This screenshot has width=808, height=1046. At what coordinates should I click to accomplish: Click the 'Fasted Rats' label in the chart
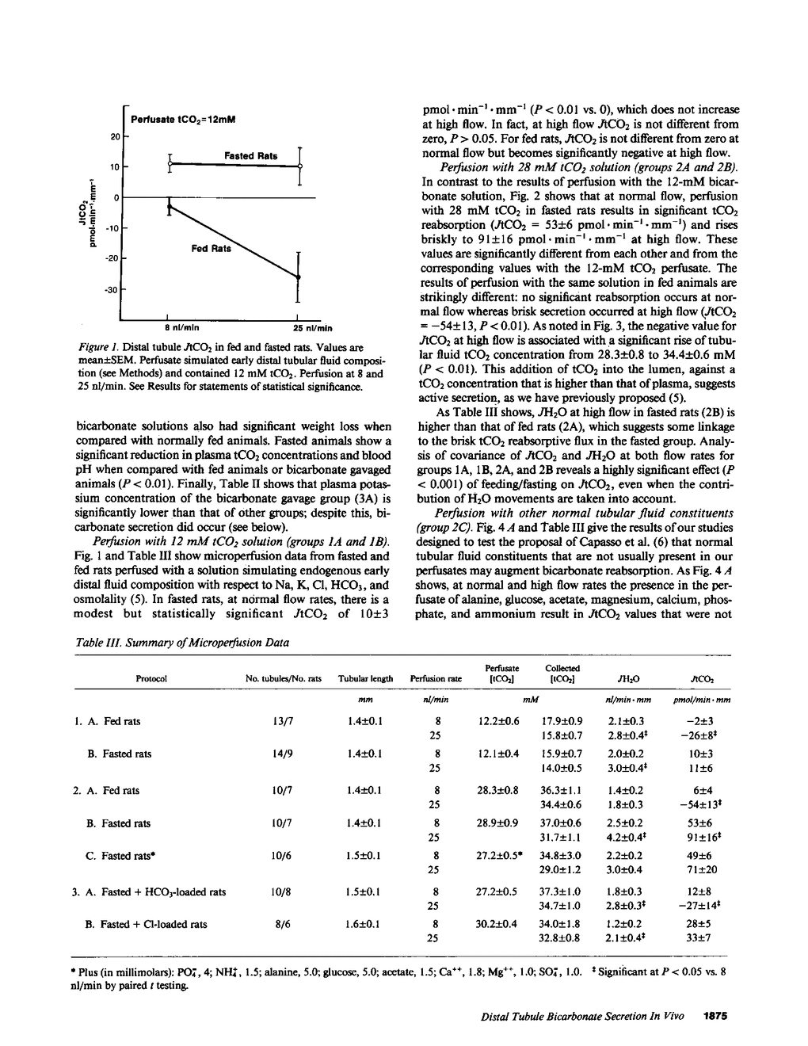pyautogui.click(x=250, y=156)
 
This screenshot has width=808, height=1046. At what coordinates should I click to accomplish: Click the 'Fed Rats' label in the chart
pyautogui.click(x=212, y=249)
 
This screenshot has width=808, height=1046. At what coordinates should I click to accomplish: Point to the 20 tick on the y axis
pyautogui.click(x=114, y=137)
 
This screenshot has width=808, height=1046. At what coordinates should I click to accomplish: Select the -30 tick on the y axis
pyautogui.click(x=112, y=290)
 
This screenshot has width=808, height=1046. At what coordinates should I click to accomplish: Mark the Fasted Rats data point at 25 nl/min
pyautogui.click(x=299, y=166)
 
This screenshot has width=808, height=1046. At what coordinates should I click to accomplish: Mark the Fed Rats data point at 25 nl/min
pyautogui.click(x=299, y=277)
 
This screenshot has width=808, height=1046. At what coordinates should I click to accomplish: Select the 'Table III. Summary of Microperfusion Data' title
pyautogui.click(x=182, y=642)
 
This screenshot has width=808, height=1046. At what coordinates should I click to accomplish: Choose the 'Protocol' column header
pyautogui.click(x=151, y=678)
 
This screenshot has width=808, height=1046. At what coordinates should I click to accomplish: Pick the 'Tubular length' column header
pyautogui.click(x=365, y=678)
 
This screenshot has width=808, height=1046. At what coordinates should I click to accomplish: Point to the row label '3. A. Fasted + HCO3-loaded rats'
pyautogui.click(x=149, y=891)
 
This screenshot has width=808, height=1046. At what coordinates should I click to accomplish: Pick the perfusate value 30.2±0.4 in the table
pyautogui.click(x=498, y=924)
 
